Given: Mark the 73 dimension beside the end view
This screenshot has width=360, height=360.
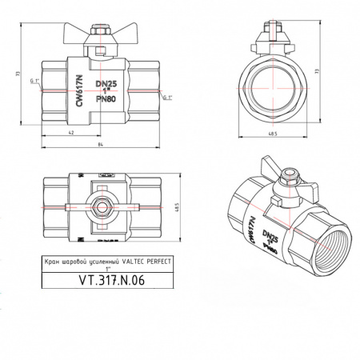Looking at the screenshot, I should [339, 73].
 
